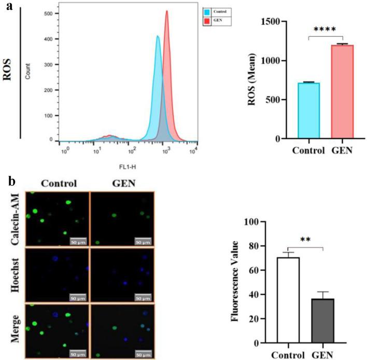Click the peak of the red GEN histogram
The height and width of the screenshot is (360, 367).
point(167,12)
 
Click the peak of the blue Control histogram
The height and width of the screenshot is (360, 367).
point(158,36)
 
